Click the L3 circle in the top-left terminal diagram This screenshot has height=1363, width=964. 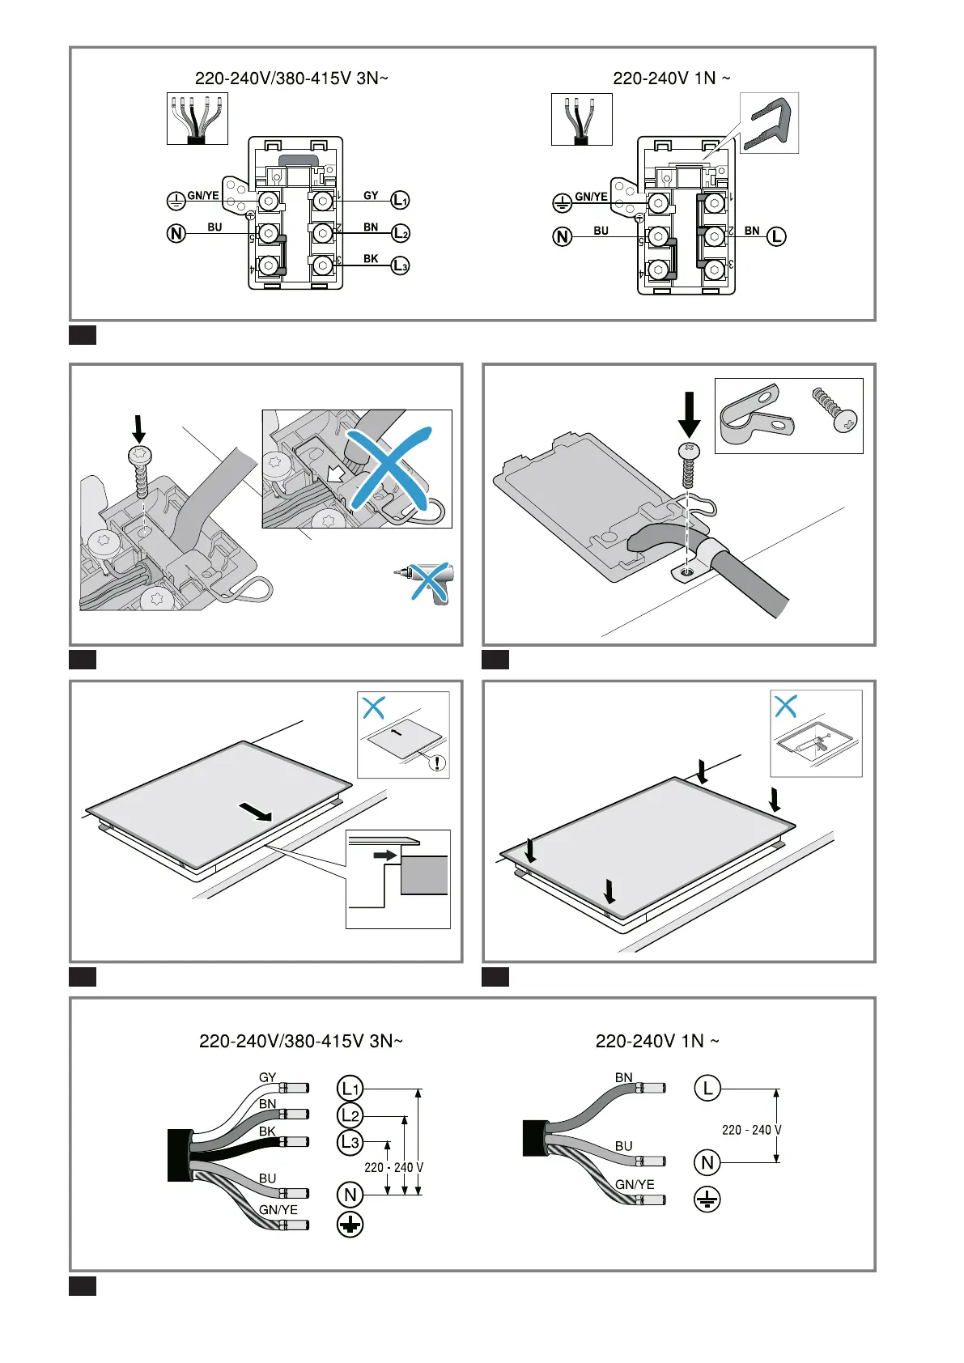(x=400, y=266)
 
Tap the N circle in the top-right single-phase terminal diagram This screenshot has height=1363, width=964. (x=563, y=236)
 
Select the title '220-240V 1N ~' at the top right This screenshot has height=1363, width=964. (x=671, y=79)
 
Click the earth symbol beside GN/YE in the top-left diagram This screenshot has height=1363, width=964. (x=176, y=200)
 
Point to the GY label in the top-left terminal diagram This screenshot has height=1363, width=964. (x=371, y=195)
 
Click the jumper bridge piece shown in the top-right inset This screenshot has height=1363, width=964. (x=768, y=124)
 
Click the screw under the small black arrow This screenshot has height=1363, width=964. (x=140, y=472)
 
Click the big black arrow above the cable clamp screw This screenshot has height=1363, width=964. (x=689, y=414)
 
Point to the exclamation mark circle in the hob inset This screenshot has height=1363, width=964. (x=437, y=762)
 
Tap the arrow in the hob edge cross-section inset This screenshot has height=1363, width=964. (x=385, y=855)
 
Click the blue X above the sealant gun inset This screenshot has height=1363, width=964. (x=786, y=707)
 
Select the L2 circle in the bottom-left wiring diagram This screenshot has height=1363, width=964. (x=350, y=1115)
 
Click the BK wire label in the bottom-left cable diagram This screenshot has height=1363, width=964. (x=267, y=1132)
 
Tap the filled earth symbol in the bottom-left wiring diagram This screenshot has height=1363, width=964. (x=350, y=1225)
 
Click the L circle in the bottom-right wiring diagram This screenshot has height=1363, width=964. (x=707, y=1088)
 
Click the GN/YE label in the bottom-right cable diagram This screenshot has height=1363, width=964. (x=635, y=1184)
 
